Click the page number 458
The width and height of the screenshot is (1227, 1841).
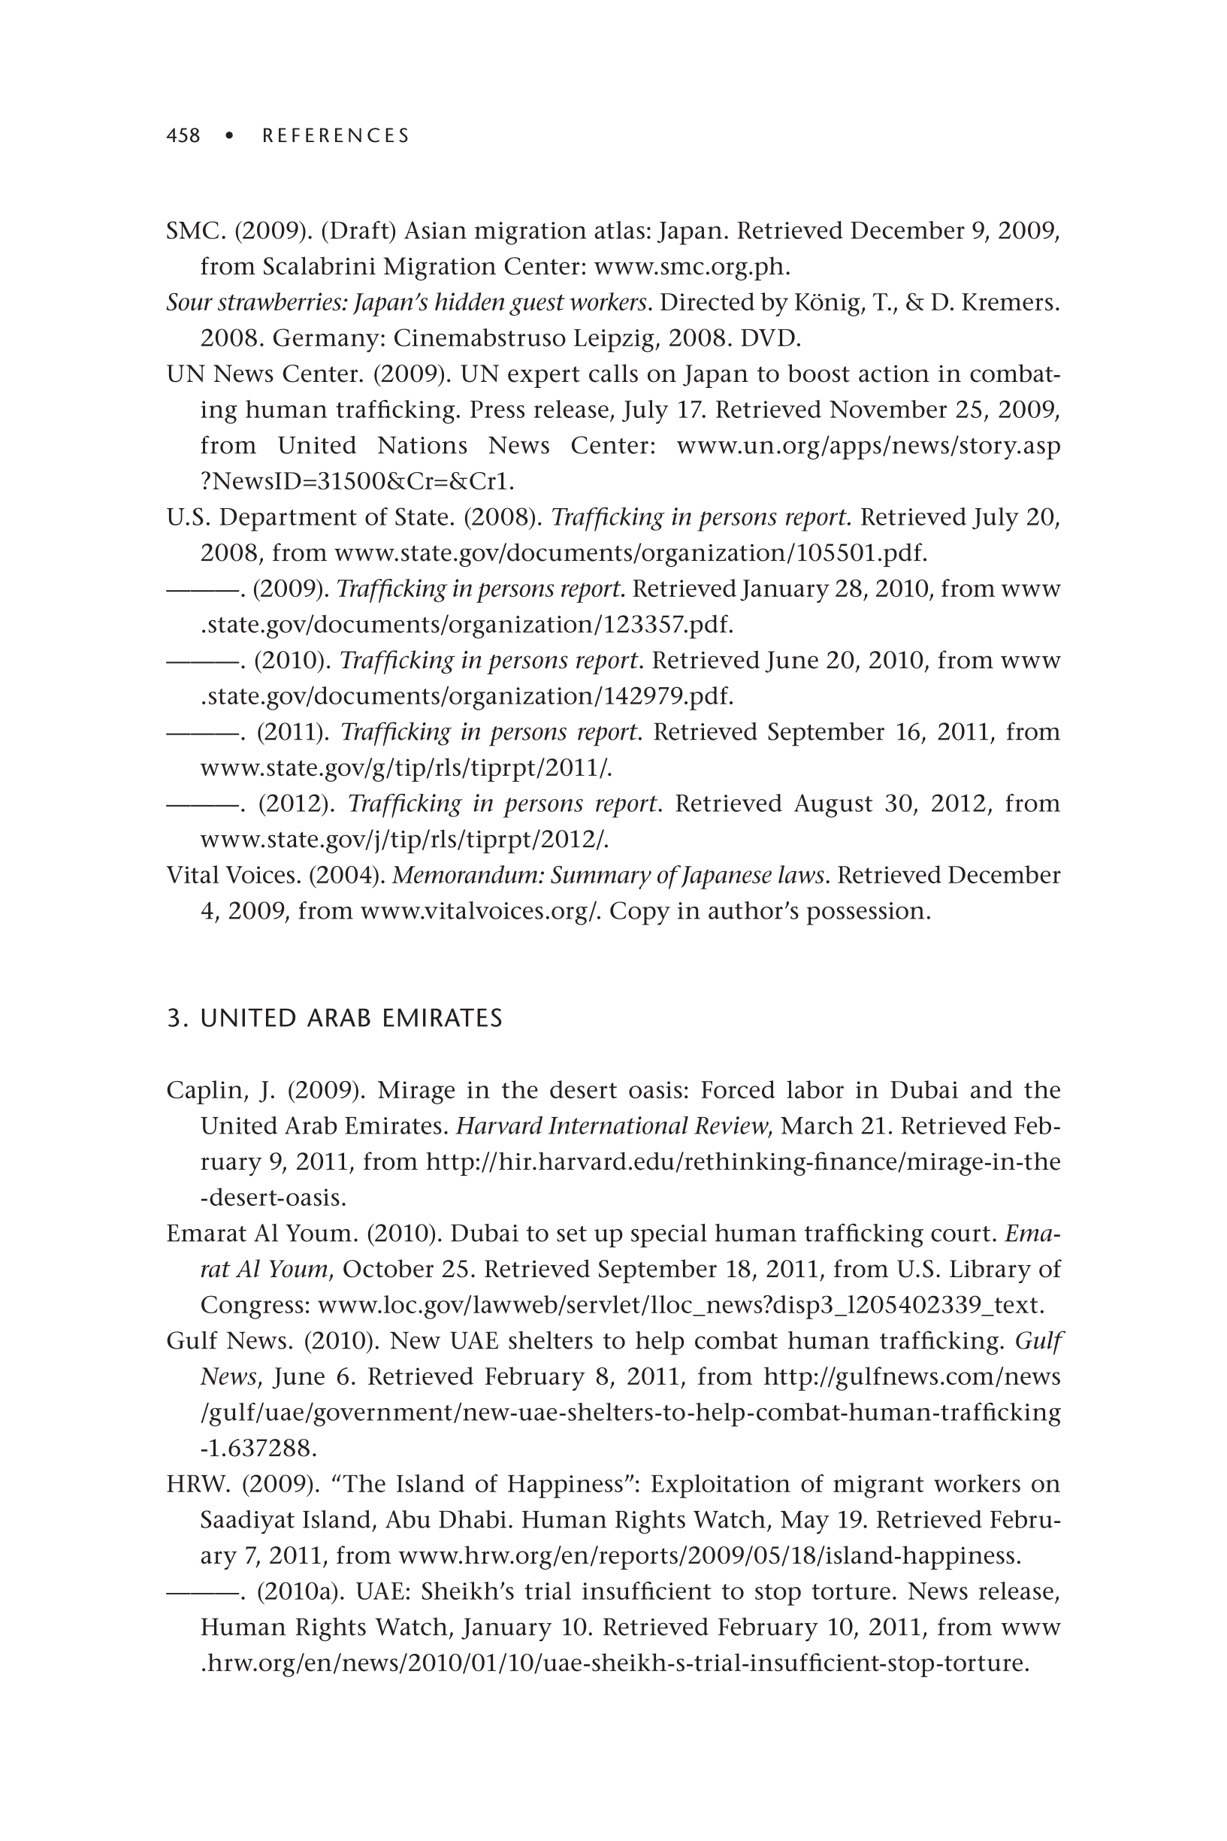[183, 136]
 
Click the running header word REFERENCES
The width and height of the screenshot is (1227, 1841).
[336, 136]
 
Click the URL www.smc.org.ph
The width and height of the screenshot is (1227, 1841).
[692, 267]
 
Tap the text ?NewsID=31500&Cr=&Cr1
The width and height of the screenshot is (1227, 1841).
[357, 481]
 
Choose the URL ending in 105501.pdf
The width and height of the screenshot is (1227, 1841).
[630, 553]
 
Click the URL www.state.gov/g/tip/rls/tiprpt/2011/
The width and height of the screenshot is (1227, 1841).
[406, 768]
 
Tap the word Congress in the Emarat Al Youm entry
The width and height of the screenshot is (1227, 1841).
[254, 1305]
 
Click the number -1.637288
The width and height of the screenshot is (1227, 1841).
[258, 1448]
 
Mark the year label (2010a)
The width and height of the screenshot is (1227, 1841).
[301, 1591]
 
